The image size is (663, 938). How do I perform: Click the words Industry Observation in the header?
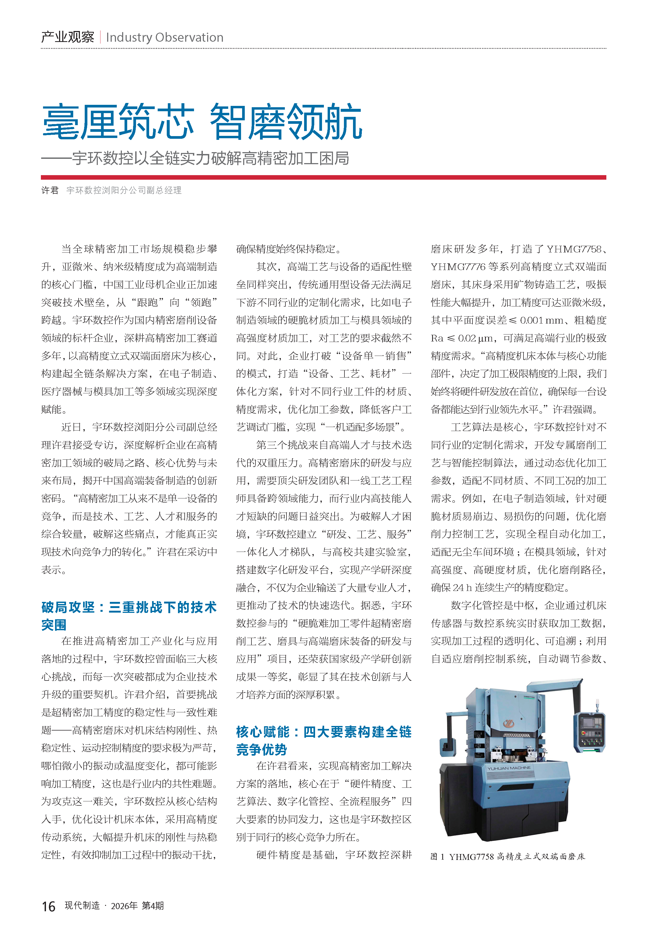(x=165, y=38)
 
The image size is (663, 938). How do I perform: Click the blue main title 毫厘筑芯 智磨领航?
(x=202, y=122)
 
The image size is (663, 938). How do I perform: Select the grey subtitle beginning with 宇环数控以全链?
(x=210, y=158)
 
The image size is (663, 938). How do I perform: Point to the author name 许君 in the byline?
(x=50, y=190)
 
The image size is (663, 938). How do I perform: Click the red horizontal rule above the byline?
(x=323, y=177)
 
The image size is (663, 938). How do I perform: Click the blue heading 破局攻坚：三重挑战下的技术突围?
(x=129, y=616)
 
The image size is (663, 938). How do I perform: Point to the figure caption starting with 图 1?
(x=507, y=857)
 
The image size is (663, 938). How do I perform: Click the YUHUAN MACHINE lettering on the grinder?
(x=509, y=768)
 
